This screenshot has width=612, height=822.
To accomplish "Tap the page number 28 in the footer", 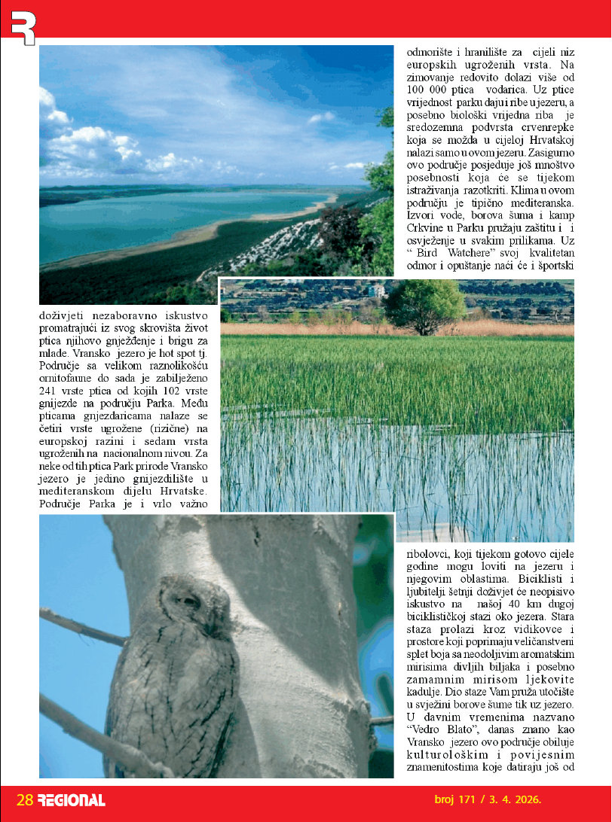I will (25, 799).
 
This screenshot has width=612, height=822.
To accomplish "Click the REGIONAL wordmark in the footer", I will (72, 800).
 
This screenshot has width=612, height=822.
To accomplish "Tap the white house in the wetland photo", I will (376, 291).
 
